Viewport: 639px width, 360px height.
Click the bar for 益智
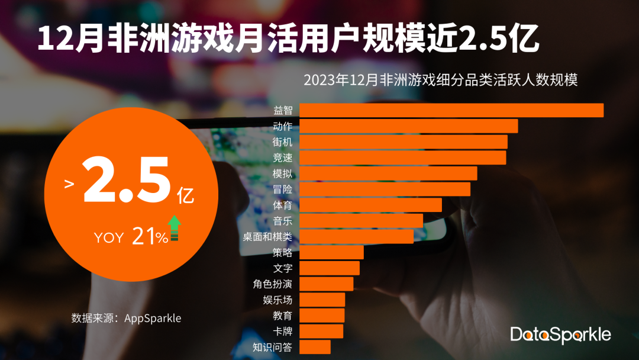point(451,111)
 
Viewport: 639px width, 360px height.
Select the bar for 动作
point(408,126)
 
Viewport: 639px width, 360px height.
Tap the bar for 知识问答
point(315,347)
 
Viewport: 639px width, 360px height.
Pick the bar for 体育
point(370,205)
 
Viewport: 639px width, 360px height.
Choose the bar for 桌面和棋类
point(356,237)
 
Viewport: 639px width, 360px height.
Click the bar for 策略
point(331,252)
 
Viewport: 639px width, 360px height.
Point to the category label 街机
point(282,142)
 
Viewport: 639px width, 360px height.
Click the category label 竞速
point(282,157)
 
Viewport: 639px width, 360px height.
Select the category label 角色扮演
point(272,284)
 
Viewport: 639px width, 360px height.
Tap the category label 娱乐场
point(277,300)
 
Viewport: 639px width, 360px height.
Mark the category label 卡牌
point(282,331)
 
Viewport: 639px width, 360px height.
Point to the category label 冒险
point(282,189)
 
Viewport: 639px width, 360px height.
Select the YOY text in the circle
point(109,238)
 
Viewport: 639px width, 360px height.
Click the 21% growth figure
point(150,237)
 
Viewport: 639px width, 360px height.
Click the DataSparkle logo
point(560,334)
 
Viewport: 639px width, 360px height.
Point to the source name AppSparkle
point(152,318)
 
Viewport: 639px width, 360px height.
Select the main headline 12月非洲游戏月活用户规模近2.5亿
point(288,40)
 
